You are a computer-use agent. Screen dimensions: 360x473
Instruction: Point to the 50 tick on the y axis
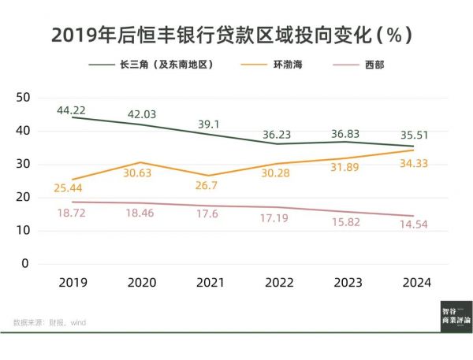[x=22, y=98]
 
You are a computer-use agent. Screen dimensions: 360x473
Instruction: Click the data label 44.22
[x=72, y=109]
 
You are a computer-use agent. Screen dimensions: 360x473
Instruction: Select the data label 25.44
[x=72, y=188]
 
